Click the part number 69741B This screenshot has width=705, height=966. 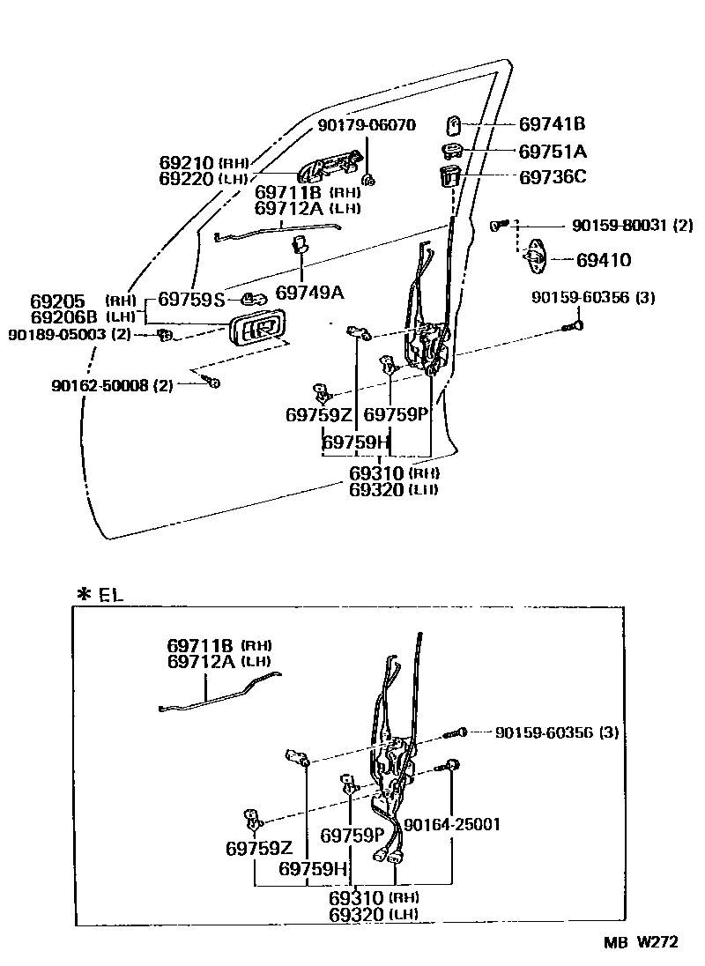point(553,124)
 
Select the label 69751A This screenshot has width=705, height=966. point(553,150)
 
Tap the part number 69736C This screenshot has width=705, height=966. point(553,176)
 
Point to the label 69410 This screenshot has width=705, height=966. point(604,260)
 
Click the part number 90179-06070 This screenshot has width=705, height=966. point(366,125)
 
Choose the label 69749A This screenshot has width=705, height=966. point(309,292)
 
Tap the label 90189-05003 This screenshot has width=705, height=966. point(57,335)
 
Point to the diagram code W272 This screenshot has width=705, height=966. point(656,942)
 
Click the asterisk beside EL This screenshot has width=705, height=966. point(84,595)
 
